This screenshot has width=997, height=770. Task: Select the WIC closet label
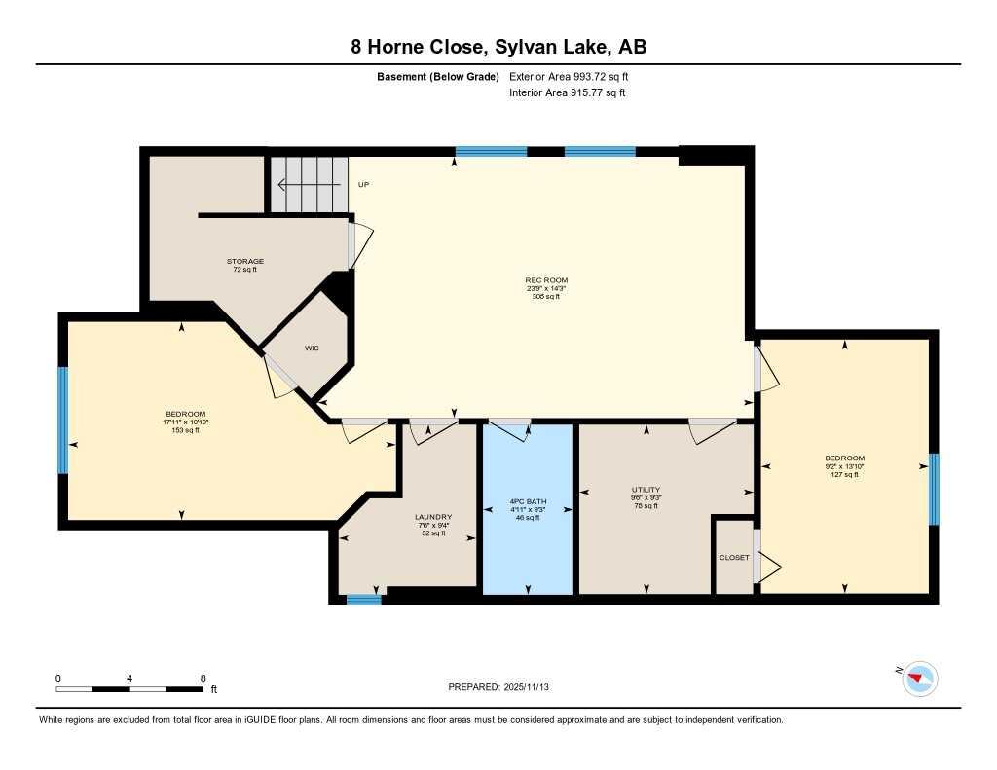[312, 348]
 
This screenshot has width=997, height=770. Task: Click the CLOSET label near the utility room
[734, 558]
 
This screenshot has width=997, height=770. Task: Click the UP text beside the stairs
[364, 184]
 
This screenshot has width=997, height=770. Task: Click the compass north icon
[919, 678]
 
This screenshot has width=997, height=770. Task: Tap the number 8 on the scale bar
[203, 678]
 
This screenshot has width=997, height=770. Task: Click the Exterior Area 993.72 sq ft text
[574, 76]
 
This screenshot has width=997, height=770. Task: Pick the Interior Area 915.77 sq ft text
[567, 93]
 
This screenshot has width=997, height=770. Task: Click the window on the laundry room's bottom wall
[364, 600]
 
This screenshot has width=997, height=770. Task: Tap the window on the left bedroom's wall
[63, 420]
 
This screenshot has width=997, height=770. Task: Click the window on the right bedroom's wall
[934, 489]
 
